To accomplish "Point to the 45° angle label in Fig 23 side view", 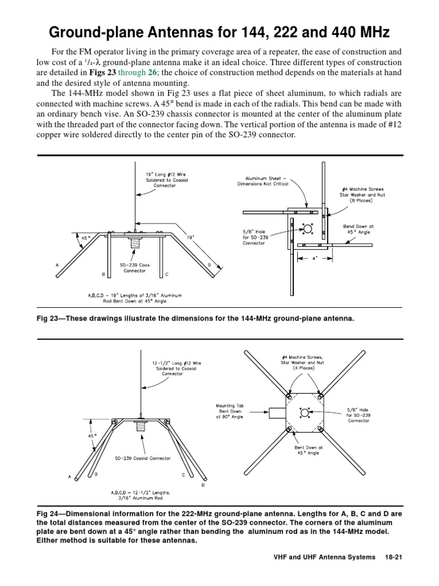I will [86, 237].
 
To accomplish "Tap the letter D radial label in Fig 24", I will [203, 485].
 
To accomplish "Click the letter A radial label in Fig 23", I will [57, 266].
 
